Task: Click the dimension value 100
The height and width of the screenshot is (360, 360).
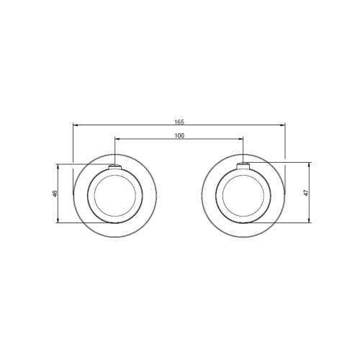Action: pos(179,135)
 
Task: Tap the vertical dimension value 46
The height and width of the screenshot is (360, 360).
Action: pos(55,194)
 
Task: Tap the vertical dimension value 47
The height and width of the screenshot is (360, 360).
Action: pos(305,193)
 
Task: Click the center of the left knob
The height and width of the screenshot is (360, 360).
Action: pos(115,195)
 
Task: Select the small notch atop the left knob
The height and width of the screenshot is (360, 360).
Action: pos(115,169)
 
